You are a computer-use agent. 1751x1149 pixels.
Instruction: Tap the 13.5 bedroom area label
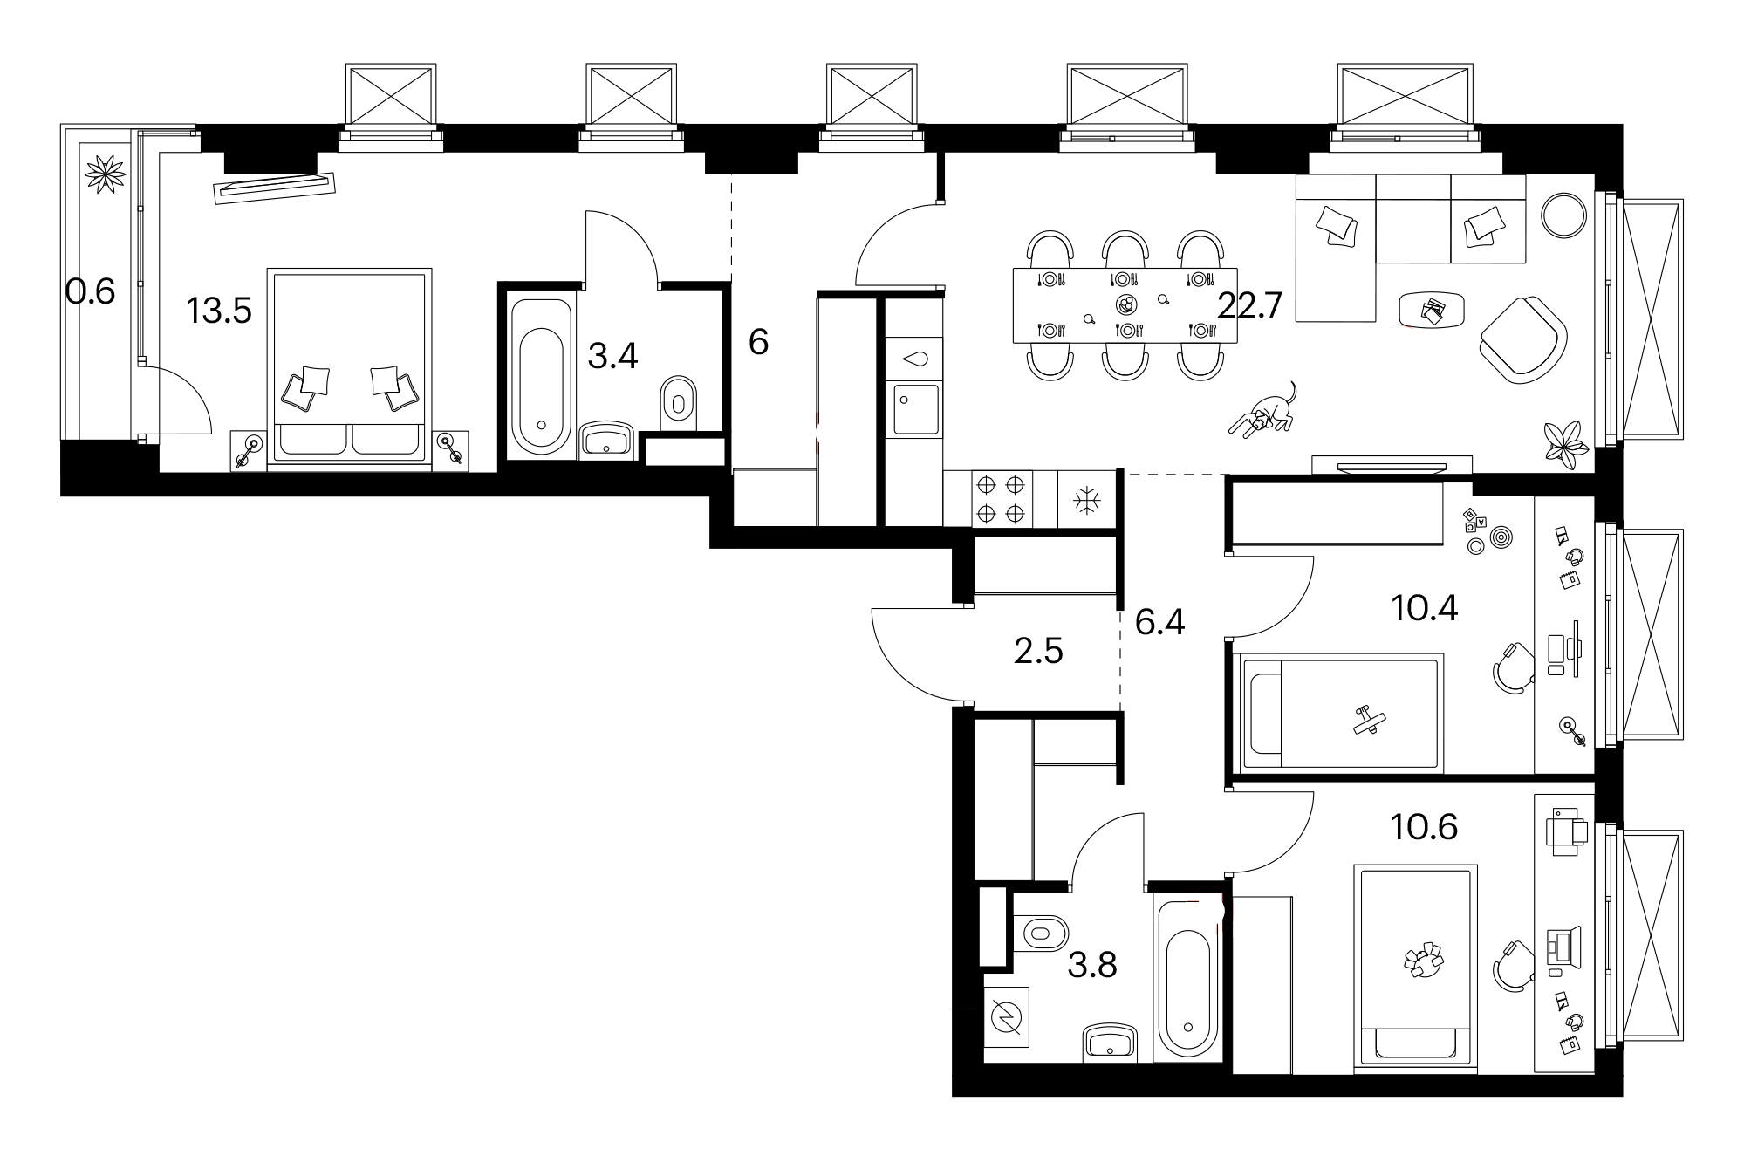point(219,310)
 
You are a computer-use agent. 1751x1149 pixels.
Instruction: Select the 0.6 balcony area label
point(90,291)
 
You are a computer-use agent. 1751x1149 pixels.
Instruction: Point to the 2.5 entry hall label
point(1038,651)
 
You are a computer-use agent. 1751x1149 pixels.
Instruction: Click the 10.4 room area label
point(1425,608)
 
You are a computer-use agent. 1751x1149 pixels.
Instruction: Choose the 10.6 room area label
point(1425,826)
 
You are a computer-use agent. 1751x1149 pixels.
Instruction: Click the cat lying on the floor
point(1263,411)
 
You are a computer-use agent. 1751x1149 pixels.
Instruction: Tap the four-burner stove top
point(1001,498)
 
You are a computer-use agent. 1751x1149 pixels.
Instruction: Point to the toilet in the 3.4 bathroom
point(678,404)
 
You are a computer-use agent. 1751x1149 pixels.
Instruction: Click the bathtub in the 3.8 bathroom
point(1187,981)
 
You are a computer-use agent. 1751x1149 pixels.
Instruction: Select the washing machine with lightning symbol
point(1007,1017)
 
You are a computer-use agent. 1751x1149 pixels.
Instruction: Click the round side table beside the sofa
point(1563,215)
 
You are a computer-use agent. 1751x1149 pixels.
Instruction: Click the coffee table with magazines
point(1432,310)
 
